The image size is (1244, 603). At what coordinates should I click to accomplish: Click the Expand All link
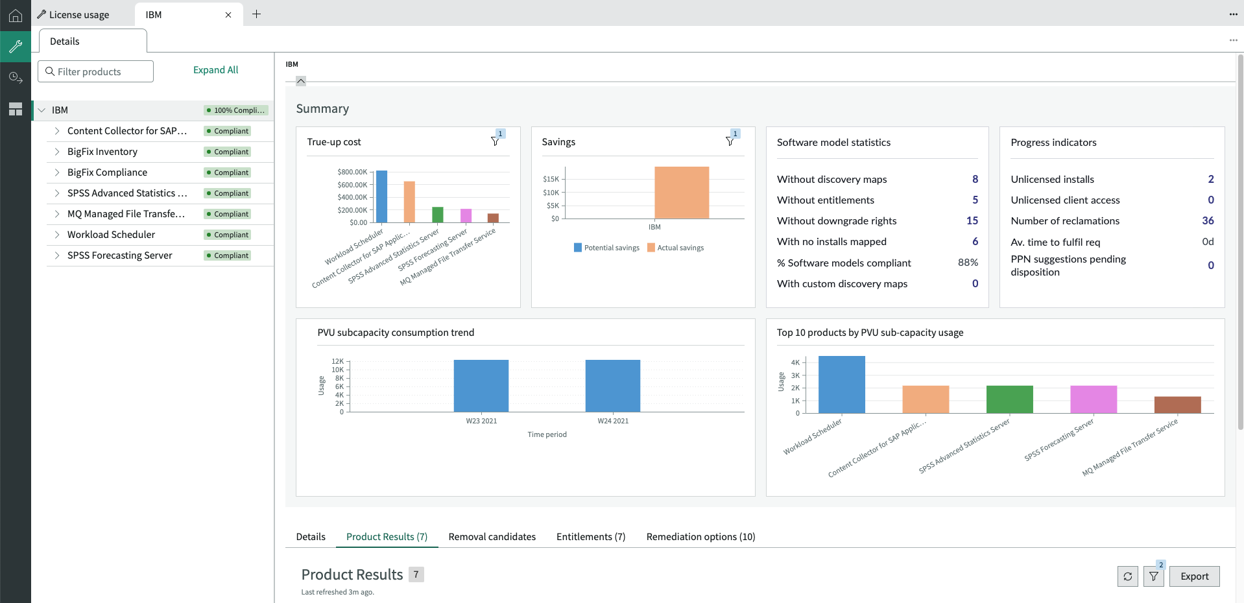coord(215,70)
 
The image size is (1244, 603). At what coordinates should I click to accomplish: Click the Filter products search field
coord(96,71)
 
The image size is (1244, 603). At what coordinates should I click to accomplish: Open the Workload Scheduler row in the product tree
coord(111,235)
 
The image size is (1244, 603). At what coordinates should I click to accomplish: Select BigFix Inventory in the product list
coord(102,152)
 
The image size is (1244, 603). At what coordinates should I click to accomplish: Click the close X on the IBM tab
coord(228,15)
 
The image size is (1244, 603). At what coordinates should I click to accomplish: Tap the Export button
coord(1194,576)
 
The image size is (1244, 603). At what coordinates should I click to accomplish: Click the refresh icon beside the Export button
coord(1128,576)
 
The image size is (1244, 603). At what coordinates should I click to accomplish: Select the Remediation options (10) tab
coord(700,537)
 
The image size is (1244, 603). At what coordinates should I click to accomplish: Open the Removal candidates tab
coord(492,537)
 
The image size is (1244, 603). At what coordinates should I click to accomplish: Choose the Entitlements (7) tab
coord(591,537)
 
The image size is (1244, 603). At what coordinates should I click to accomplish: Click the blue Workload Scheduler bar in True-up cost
coord(382,196)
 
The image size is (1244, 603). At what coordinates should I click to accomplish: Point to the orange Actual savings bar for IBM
coord(682,193)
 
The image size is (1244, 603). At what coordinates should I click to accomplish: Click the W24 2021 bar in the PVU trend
coord(613,386)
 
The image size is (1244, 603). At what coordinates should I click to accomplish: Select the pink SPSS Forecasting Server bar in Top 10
coord(1094,399)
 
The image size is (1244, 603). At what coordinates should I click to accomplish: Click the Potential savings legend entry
coord(606,248)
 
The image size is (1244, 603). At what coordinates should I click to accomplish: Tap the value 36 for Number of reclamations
coord(1208,220)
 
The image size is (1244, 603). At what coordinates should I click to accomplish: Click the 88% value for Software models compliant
coord(968,263)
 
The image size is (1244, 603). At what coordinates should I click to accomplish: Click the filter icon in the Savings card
coord(730,141)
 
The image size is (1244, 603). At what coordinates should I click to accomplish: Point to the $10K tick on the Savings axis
coord(551,193)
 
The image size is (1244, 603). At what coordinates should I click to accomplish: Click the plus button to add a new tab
coord(257,14)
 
